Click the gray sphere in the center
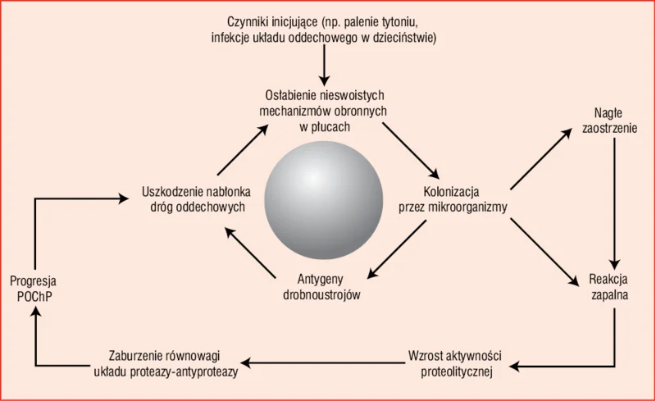pos(323,200)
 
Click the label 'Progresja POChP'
pos(33,289)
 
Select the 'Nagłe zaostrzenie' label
pos(609,121)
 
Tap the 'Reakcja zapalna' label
pos(609,287)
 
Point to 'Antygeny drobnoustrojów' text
pos(321,287)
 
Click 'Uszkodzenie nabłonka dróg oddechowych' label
pos(197,199)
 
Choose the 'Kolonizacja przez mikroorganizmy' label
pos(453,199)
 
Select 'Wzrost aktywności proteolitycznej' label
pos(456,364)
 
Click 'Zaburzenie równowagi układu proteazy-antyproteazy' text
pos(166,363)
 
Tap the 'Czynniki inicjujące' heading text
pos(271,21)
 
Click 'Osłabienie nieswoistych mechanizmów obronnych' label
pos(323,103)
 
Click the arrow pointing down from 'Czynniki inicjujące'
pos(324,65)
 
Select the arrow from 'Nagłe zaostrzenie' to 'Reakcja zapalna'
pos(614,203)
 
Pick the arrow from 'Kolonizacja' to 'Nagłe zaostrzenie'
pos(541,159)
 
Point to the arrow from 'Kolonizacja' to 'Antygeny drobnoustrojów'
pos(397,249)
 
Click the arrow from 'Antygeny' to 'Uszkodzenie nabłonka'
pos(250,253)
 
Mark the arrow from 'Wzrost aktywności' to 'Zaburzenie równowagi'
pos(323,363)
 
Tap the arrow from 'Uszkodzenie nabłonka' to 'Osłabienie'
pos(243,149)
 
